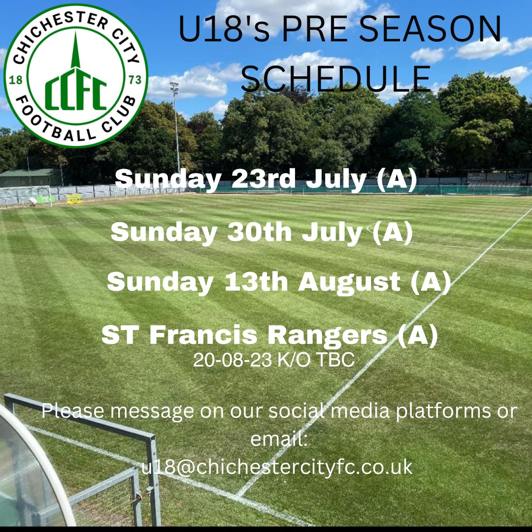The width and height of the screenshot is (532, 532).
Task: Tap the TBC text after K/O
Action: pyautogui.click(x=335, y=361)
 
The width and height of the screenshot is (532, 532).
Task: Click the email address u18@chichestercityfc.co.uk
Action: pyautogui.click(x=276, y=467)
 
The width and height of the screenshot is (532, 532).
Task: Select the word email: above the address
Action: pyautogui.click(x=279, y=439)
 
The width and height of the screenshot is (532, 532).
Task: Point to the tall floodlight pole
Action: pyautogui.click(x=176, y=128)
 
